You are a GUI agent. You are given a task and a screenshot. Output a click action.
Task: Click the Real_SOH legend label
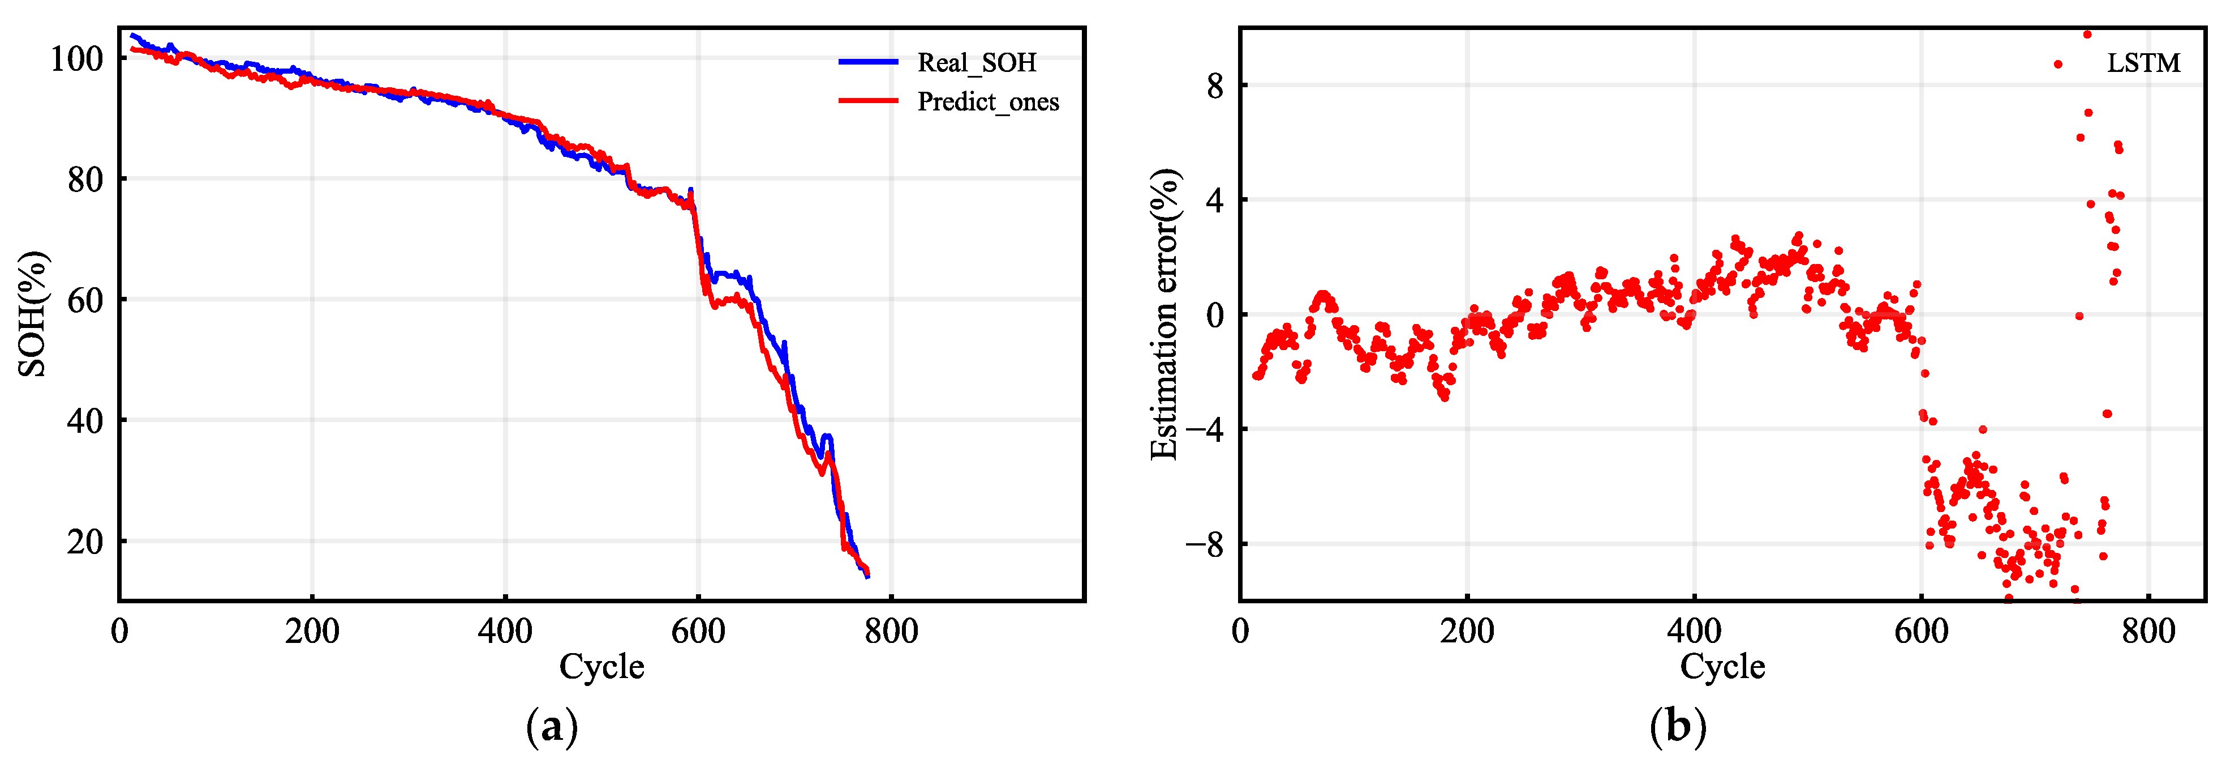tap(977, 62)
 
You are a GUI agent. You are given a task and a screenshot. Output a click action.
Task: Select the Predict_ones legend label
tap(988, 102)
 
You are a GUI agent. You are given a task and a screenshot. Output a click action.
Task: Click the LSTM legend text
tap(2143, 63)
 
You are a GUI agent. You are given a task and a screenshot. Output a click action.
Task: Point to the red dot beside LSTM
tap(2059, 64)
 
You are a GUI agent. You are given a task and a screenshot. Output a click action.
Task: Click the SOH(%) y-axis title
tap(33, 314)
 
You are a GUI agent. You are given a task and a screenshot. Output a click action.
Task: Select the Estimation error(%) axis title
tap(1165, 314)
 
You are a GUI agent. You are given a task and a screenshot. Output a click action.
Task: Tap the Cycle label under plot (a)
tap(601, 667)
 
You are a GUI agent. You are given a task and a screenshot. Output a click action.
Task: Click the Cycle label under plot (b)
tap(1722, 667)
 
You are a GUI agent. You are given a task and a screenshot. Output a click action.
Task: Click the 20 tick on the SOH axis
tap(85, 542)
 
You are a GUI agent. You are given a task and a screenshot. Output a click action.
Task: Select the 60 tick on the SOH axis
tap(85, 301)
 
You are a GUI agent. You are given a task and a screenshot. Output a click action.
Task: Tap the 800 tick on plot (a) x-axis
tap(891, 631)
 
